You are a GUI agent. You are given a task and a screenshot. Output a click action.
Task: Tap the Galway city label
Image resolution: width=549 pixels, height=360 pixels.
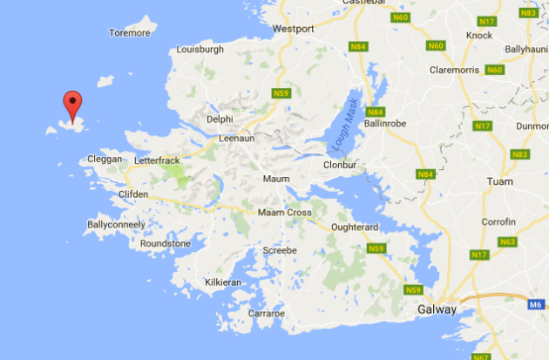coord(437,309)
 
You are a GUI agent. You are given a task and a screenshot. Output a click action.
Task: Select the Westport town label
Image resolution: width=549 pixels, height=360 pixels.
coord(293,29)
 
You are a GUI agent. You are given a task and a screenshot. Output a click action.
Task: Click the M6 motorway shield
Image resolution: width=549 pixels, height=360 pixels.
coord(536,305)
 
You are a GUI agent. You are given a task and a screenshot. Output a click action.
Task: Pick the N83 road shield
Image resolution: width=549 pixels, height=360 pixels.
coord(520,154)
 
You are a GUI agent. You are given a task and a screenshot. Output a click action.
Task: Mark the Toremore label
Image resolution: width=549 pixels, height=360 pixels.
coord(130,33)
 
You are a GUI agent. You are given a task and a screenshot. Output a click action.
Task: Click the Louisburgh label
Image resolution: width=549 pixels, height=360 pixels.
coord(201,50)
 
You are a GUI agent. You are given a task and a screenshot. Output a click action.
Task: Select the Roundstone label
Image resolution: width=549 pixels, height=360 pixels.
coord(165,243)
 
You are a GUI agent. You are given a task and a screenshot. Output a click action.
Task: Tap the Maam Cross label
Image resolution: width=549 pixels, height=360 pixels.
coord(284,213)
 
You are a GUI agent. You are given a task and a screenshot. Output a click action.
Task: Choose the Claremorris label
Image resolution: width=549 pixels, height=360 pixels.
coord(457,70)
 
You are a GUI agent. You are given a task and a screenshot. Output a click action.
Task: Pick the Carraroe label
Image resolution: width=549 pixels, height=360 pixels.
coord(266,313)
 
